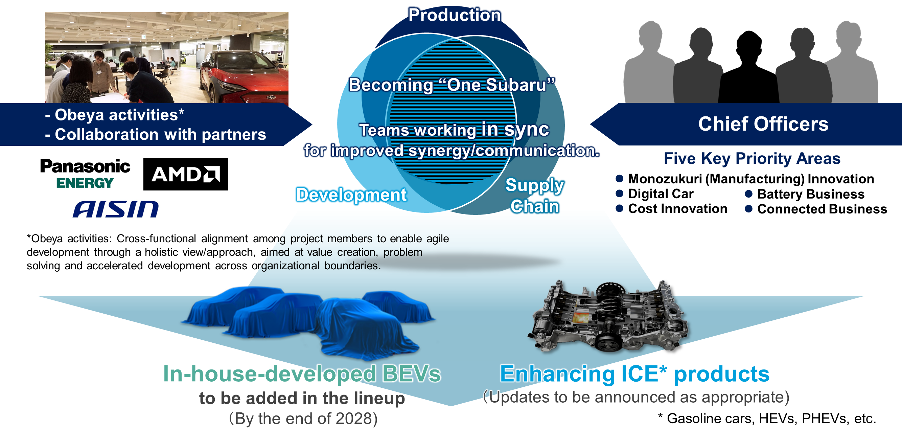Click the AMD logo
[x=186, y=174]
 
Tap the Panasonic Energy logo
[x=85, y=173]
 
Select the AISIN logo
[x=116, y=209]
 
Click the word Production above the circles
[x=455, y=15]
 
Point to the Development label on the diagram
[x=351, y=195]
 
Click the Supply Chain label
[x=535, y=196]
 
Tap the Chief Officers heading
[x=763, y=123]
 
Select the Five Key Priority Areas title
[x=752, y=158]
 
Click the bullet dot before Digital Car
[x=619, y=193]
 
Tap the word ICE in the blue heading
[x=640, y=374]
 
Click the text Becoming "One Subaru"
[x=452, y=85]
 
